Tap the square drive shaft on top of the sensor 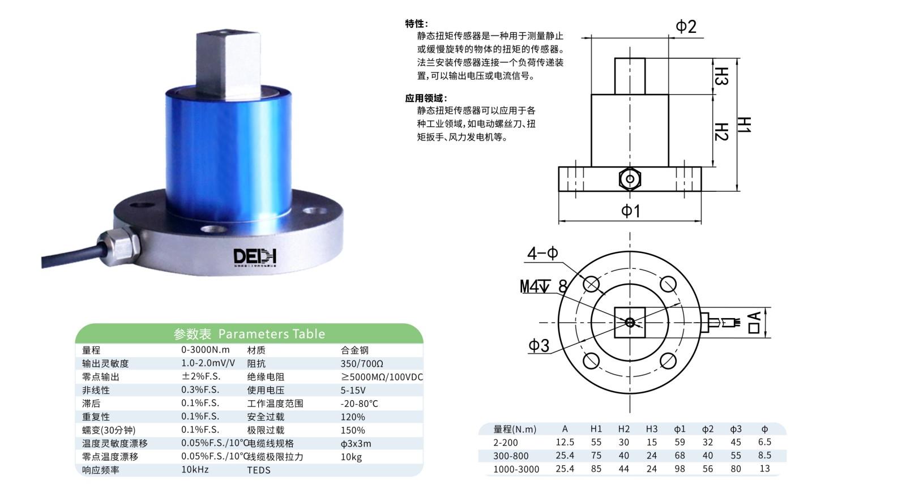(229, 64)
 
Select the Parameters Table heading (249, 334)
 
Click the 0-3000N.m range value (205, 350)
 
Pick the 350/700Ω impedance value (362, 364)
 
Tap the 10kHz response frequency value (195, 470)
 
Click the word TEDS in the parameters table (259, 470)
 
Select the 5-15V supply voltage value (353, 391)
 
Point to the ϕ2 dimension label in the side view (686, 26)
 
